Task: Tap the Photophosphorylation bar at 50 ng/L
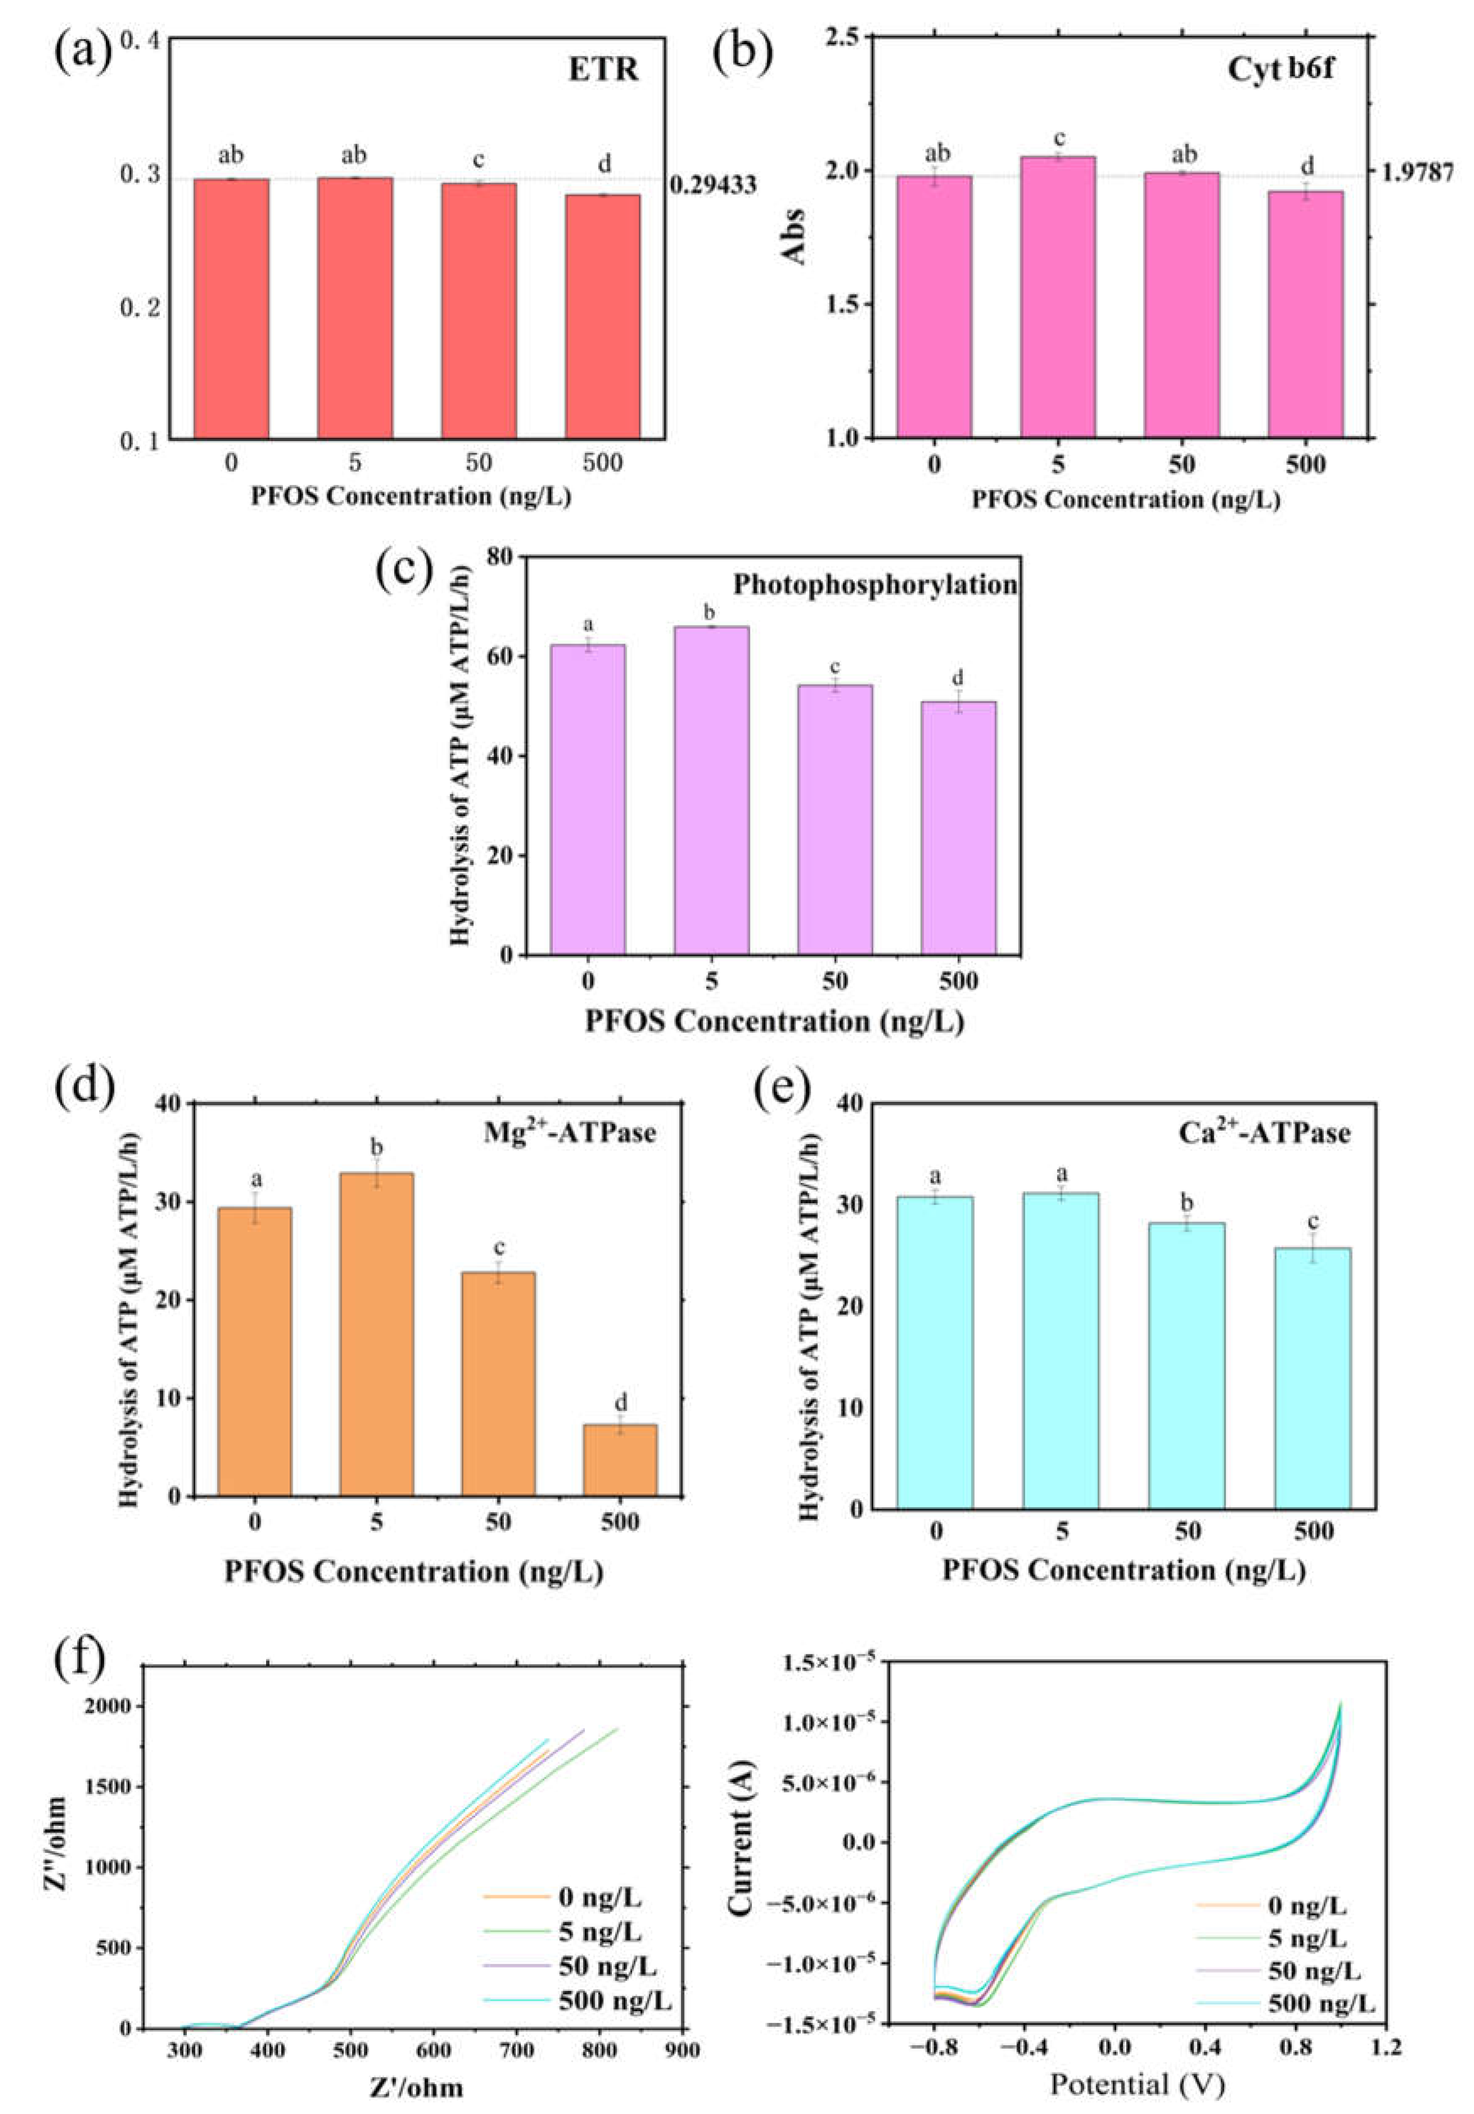click(x=834, y=819)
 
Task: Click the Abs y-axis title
click(x=793, y=237)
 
